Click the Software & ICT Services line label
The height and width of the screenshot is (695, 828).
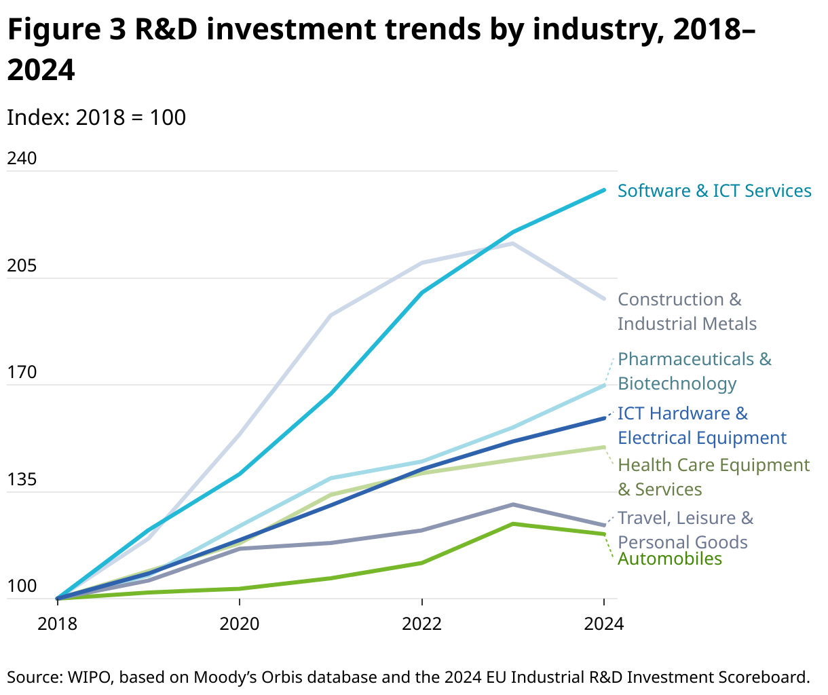coord(714,191)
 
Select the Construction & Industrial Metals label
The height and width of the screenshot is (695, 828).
coord(686,312)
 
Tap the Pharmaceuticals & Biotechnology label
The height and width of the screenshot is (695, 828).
coord(694,371)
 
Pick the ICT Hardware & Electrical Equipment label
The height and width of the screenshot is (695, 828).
coord(702,426)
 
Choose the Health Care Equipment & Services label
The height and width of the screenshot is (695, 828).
coord(713,477)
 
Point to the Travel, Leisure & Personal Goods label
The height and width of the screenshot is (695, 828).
coord(685,530)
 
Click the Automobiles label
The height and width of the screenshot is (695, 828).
coord(670,559)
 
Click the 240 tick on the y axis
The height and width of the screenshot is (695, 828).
coord(21,159)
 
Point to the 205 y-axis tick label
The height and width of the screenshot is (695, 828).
coord(21,266)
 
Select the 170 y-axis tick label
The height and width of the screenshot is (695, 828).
coord(21,373)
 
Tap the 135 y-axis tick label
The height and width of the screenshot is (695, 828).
coord(21,480)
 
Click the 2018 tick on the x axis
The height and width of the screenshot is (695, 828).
coord(57,623)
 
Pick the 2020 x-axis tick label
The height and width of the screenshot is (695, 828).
coord(240,623)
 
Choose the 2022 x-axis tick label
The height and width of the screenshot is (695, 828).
coord(422,623)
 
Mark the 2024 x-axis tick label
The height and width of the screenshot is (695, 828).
coord(603,623)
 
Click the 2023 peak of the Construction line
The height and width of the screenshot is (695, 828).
coord(513,243)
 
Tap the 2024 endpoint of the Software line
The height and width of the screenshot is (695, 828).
coord(604,190)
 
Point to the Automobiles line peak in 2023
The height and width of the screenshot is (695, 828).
coord(513,524)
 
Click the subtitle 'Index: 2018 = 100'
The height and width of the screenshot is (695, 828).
coord(96,117)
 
